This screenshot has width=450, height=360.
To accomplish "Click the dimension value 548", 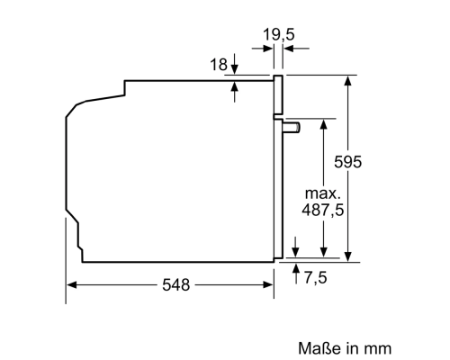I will click(176, 285).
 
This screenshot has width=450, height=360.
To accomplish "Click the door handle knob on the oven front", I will click(292, 129).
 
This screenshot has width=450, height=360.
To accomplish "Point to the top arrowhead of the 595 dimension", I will click(347, 80).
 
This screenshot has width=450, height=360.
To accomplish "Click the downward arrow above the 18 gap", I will click(235, 69).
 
